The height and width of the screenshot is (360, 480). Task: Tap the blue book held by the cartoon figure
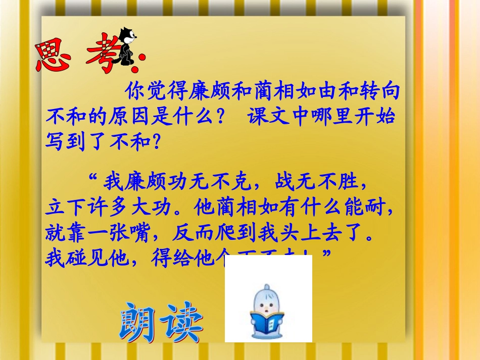[267, 321]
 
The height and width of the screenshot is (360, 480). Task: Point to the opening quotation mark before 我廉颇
[92, 178]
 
